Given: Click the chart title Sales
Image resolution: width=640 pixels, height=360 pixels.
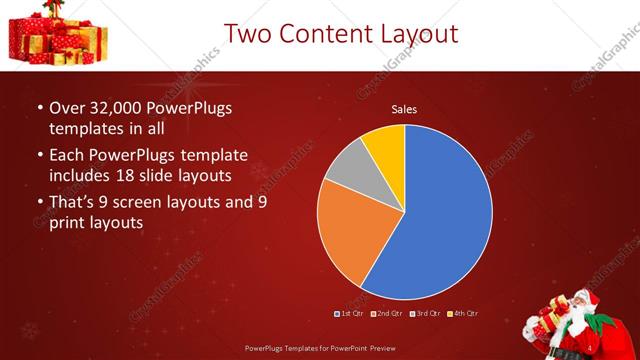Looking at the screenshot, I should (404, 109).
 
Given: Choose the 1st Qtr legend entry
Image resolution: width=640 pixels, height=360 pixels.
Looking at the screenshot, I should (349, 314).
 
